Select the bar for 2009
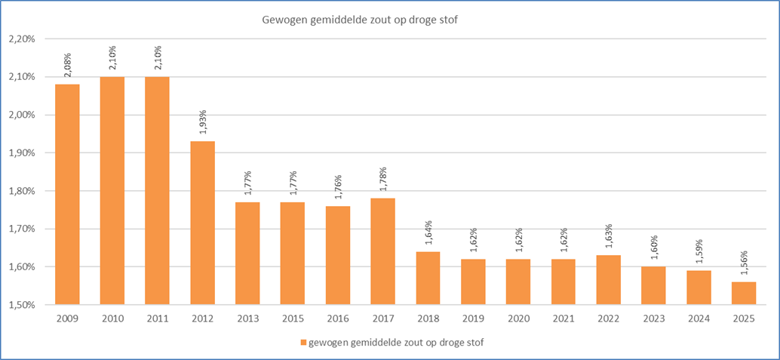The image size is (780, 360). click(67, 194)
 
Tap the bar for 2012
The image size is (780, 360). click(202, 223)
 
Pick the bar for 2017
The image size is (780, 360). click(382, 251)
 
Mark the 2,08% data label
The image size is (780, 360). click(69, 66)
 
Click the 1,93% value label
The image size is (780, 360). click(204, 122)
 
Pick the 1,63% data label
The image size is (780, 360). click(610, 237)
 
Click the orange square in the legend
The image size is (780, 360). click(303, 343)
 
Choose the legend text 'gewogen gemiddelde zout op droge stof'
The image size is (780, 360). click(395, 343)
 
